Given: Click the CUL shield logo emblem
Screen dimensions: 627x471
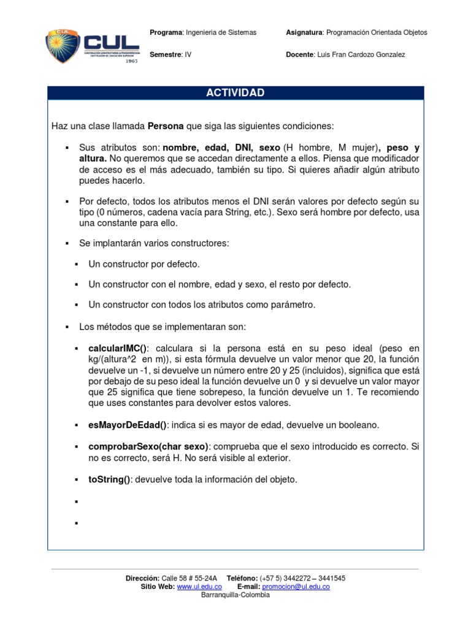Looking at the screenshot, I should coord(63,47).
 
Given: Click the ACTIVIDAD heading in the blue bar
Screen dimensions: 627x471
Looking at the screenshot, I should coord(235,93).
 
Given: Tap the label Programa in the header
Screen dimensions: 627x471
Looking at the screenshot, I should coord(166,32).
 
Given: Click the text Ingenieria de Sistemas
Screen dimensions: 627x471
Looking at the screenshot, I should coord(221,32).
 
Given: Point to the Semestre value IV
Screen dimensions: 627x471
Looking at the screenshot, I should coord(188,54).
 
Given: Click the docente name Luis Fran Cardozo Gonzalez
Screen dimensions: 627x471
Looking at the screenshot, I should coord(360,54).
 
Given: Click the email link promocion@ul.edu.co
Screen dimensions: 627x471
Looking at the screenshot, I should coord(296,587).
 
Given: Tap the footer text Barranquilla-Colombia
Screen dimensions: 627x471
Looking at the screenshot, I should coord(235,595).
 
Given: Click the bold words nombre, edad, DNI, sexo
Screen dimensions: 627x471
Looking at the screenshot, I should coord(221,148).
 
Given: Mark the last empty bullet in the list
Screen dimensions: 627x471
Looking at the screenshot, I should coord(77,524).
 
